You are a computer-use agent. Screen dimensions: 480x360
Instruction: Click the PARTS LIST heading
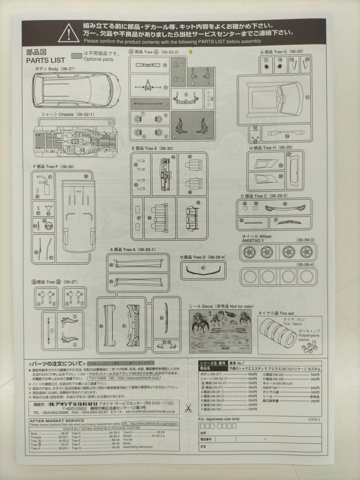pos(45,60)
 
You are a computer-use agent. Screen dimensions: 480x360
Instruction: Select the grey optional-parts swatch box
pos(76,55)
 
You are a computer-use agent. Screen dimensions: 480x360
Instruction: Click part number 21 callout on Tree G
pos(307,97)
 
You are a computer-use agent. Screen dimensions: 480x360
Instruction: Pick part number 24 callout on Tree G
pos(287,136)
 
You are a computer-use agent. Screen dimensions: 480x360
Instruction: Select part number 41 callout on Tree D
pos(203,268)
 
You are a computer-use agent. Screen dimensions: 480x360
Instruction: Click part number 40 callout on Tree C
pos(285,204)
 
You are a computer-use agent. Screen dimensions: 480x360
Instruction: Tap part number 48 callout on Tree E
pos(150,217)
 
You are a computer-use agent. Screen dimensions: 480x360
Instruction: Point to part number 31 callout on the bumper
pos(124,326)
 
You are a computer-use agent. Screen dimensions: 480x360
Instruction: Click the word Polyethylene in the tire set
pos(309,336)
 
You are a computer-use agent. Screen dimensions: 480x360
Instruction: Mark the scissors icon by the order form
pos(188,406)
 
